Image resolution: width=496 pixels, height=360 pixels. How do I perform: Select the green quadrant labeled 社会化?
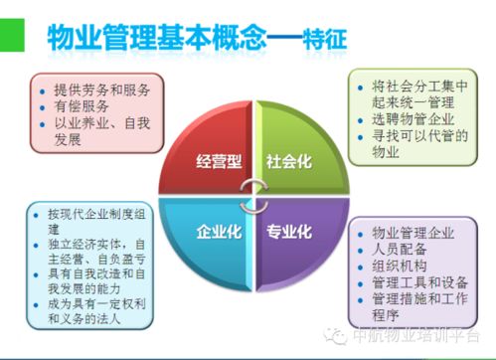click(288, 159)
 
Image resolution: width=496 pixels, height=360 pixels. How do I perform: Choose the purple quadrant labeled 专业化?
click(288, 232)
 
